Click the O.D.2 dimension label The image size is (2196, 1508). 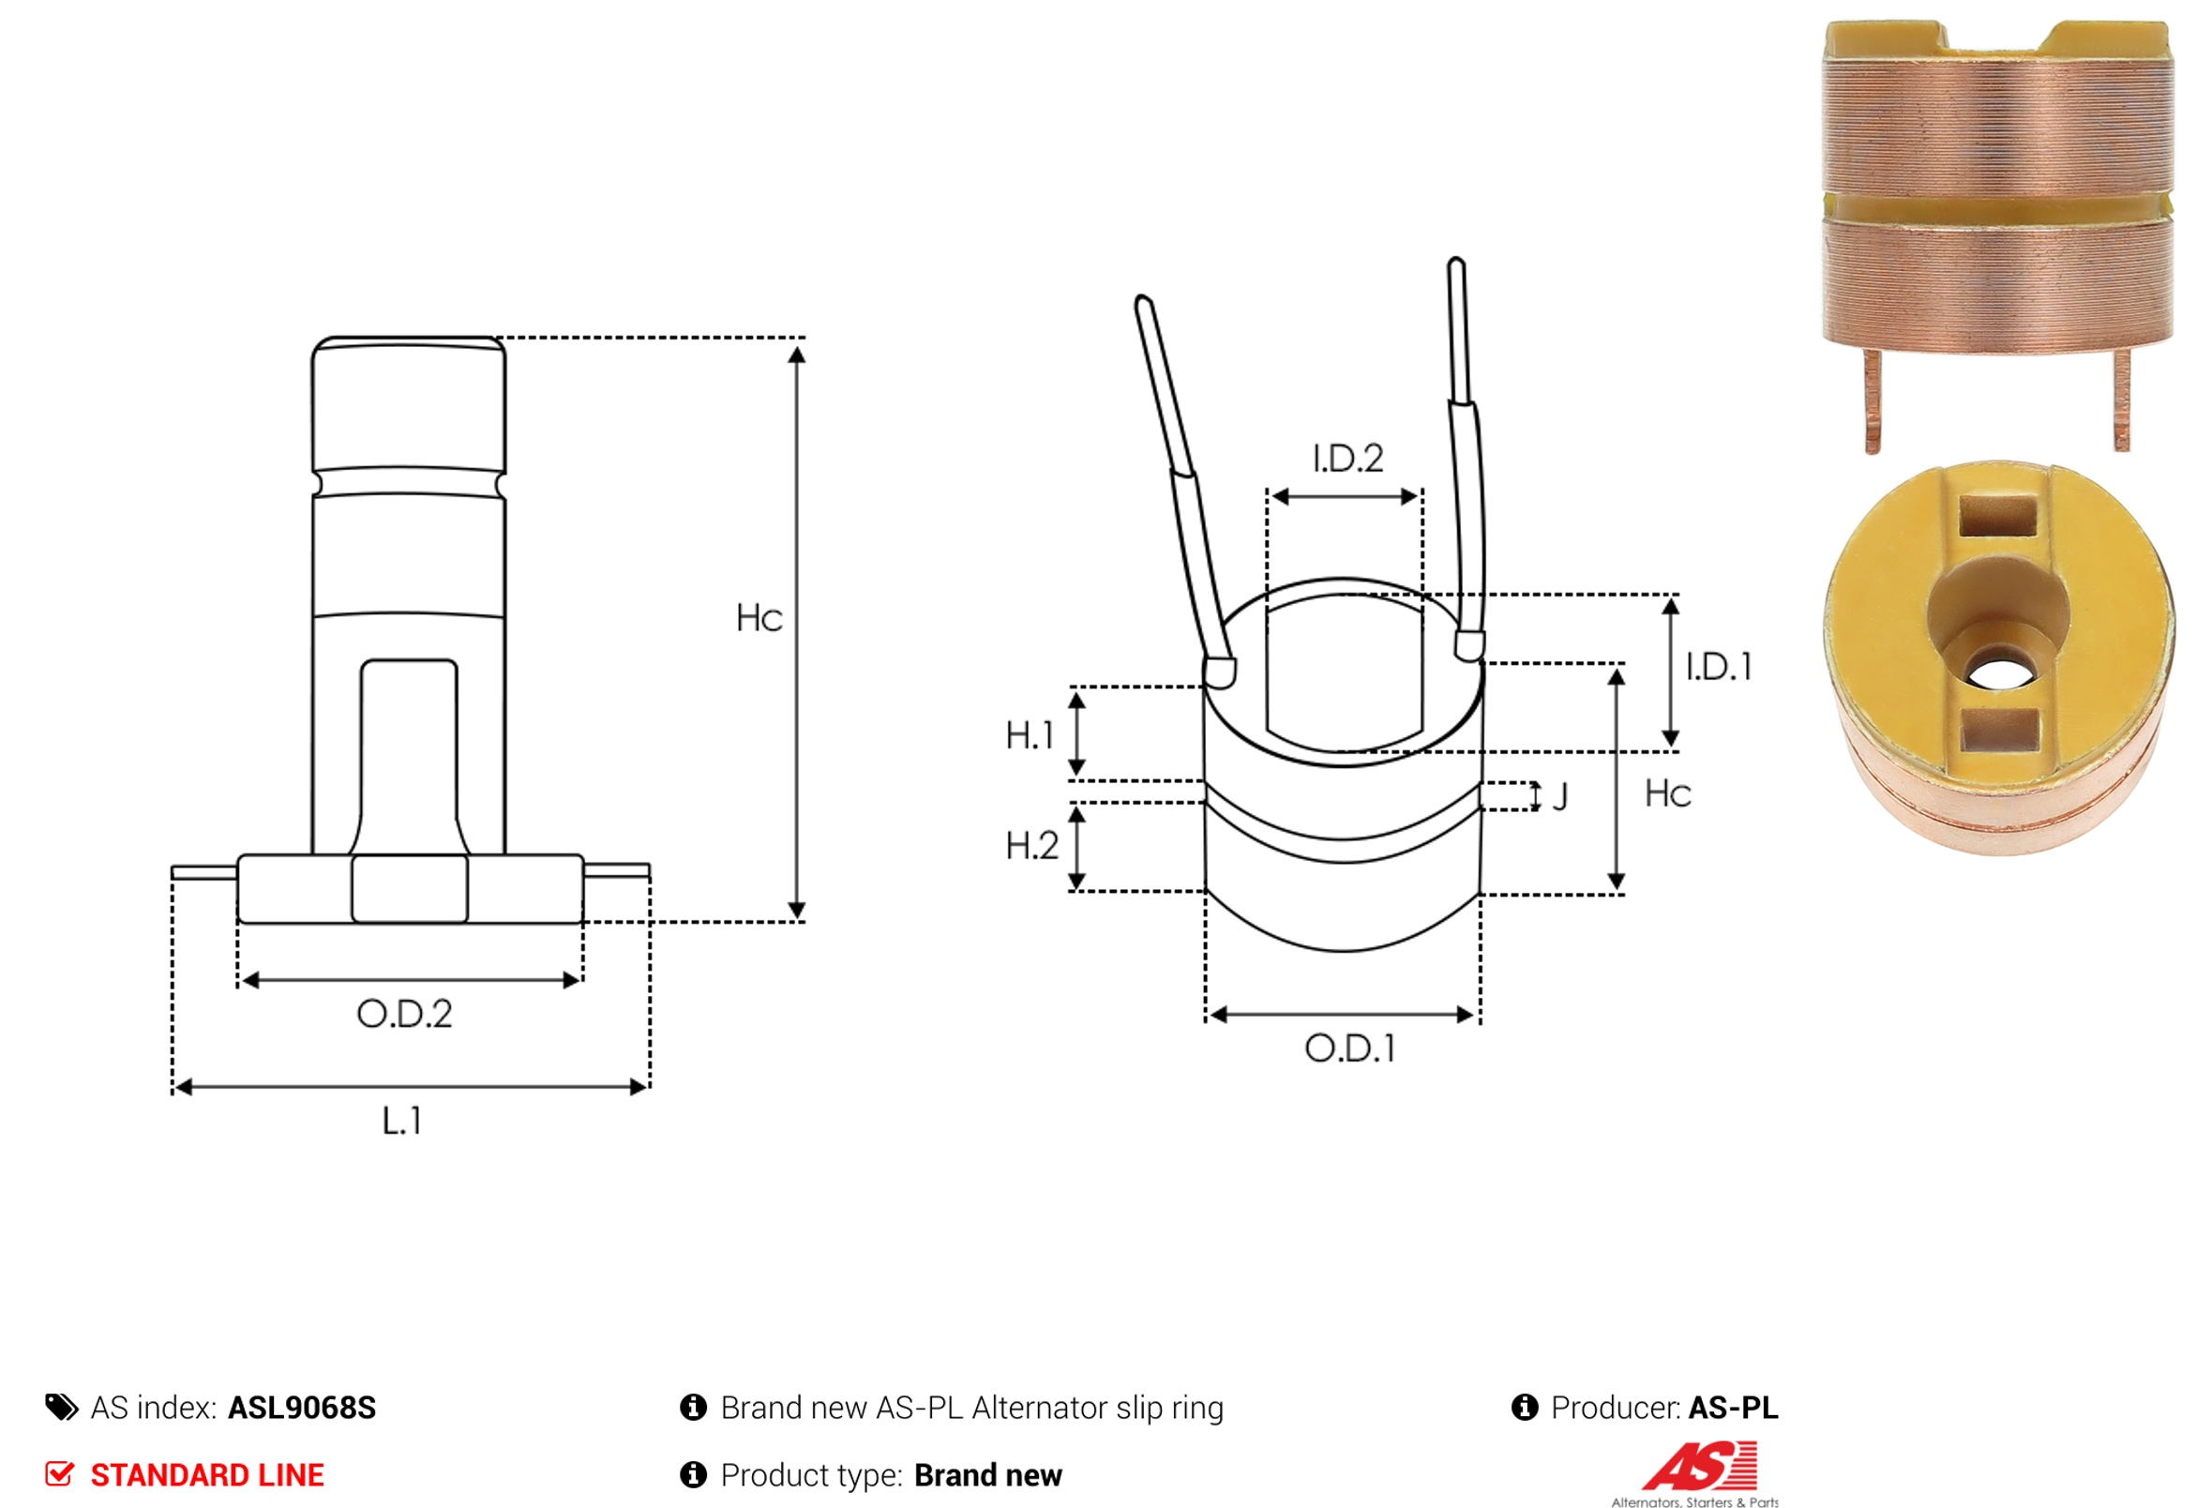click(x=404, y=1014)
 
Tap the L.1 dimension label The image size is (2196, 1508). click(x=401, y=1122)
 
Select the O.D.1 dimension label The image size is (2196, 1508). click(x=1350, y=1048)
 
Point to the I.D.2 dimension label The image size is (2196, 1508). click(x=1348, y=459)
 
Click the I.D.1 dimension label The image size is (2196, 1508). click(x=1720, y=667)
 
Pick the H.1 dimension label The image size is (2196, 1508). click(x=1030, y=735)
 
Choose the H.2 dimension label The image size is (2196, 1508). click(x=1031, y=846)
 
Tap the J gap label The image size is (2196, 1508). click(x=1560, y=796)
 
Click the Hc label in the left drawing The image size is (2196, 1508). click(x=760, y=618)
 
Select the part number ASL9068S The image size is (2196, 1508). click(x=302, y=1408)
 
